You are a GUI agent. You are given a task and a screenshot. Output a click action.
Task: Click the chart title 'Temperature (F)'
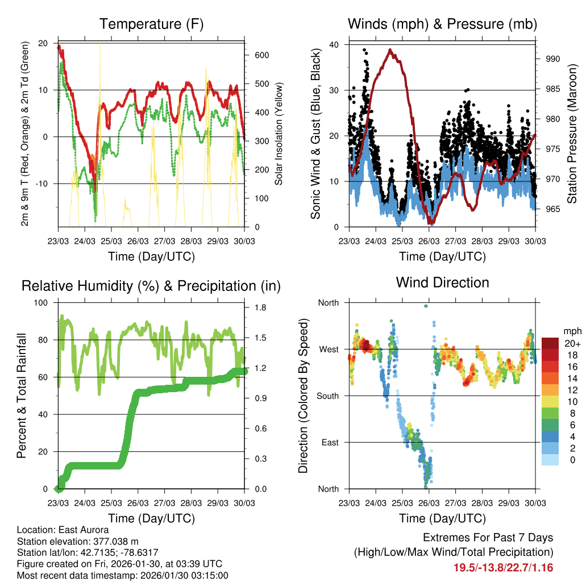coord(151,24)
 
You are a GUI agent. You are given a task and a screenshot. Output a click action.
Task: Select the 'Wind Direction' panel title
coord(442,282)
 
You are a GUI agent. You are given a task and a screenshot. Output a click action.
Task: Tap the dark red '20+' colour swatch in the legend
coord(550,343)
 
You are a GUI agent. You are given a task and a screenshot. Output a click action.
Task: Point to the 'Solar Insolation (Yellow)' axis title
coord(279,134)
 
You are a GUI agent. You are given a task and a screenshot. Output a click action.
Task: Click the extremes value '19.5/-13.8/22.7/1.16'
coord(504,567)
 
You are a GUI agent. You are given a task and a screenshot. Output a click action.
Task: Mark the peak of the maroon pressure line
coord(390,49)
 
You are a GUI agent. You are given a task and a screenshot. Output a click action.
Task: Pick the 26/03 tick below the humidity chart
coord(138,504)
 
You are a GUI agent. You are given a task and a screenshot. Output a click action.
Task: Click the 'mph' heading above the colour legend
coord(571,331)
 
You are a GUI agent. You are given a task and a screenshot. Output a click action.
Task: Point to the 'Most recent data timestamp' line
coord(122,575)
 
